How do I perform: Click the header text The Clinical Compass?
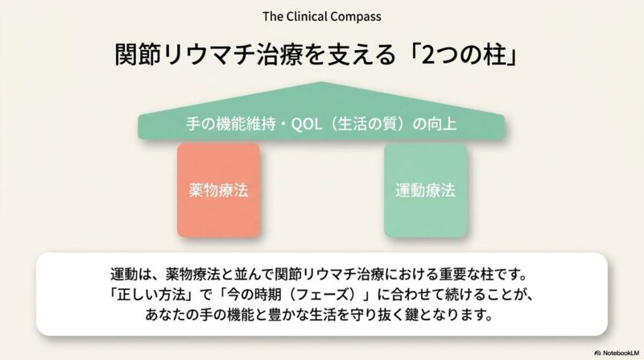click(322, 16)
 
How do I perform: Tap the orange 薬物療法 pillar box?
click(218, 191)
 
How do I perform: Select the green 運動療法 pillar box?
click(424, 191)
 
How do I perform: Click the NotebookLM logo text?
click(621, 352)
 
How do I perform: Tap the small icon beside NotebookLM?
click(597, 352)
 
